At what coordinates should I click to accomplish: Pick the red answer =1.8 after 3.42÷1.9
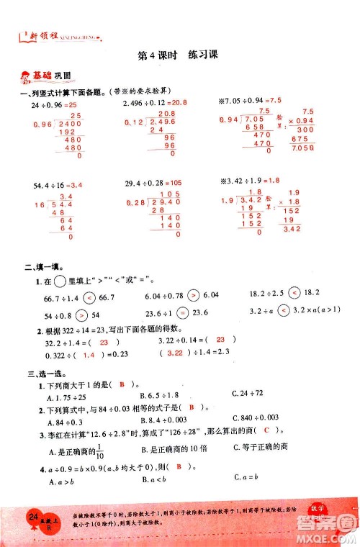coord(269,185)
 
